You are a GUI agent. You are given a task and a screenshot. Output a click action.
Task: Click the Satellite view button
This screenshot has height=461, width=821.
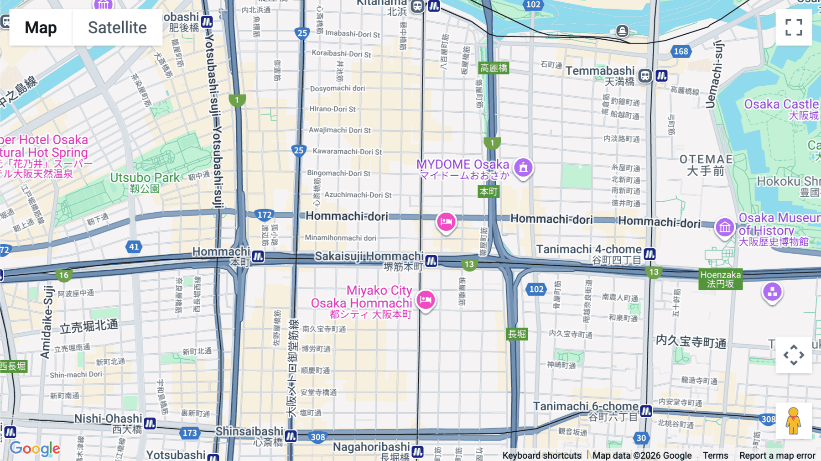(117, 27)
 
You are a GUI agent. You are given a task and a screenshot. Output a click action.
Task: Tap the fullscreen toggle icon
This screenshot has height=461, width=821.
(794, 27)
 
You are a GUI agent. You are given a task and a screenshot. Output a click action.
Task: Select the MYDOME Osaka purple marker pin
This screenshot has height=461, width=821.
(523, 168)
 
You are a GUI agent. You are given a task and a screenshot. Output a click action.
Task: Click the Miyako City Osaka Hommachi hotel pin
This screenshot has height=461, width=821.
(426, 300)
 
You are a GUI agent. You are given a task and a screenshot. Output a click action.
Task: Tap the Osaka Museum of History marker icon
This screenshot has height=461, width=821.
(724, 227)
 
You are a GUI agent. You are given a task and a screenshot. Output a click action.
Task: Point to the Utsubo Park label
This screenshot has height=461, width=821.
(145, 178)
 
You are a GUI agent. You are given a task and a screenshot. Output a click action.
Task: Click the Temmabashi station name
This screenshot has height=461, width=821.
(600, 71)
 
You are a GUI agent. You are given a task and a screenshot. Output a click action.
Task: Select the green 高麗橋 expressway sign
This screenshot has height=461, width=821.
(494, 68)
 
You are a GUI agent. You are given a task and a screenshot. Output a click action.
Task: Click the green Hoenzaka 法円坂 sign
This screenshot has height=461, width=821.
(720, 279)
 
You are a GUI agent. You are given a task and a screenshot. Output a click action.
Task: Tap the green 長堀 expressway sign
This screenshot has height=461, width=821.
(517, 334)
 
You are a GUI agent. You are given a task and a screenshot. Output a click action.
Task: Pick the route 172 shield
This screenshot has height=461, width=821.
(265, 215)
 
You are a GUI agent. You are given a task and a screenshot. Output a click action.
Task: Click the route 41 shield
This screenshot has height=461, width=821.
(134, 247)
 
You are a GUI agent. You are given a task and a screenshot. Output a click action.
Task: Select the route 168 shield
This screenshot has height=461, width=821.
(681, 52)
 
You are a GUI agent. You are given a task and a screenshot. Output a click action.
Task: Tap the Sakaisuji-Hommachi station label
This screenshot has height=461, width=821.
(369, 257)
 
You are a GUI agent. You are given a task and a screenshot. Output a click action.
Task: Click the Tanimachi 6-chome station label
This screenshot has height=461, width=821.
(586, 406)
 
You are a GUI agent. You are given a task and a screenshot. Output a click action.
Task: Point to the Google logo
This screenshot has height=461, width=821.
(35, 449)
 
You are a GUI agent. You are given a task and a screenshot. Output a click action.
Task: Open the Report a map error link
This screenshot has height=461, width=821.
(777, 456)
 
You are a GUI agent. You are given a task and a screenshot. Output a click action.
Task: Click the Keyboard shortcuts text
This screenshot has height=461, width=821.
(541, 456)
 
